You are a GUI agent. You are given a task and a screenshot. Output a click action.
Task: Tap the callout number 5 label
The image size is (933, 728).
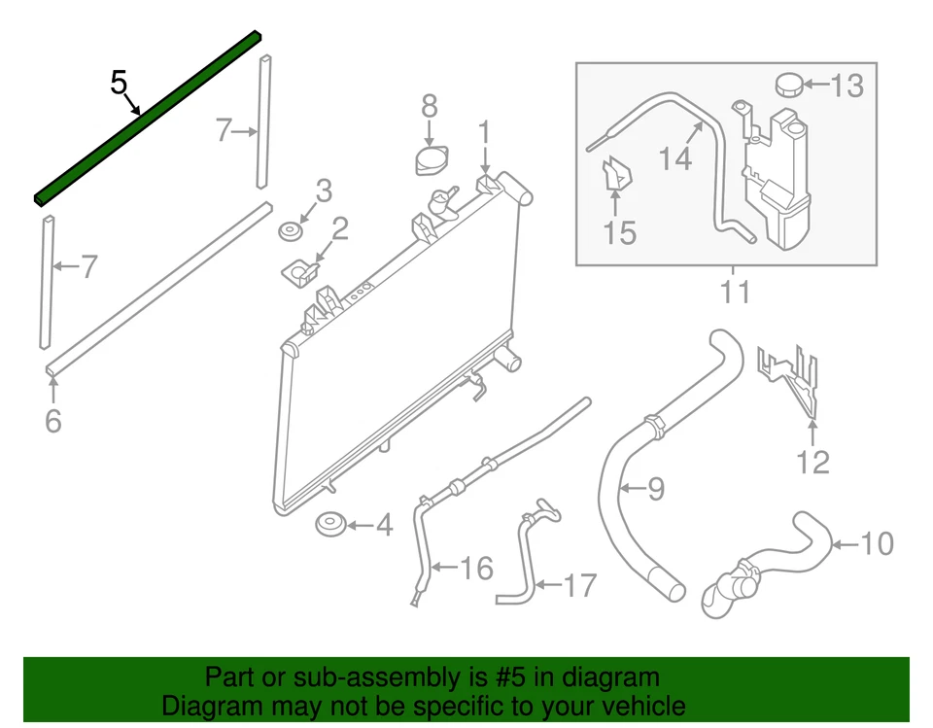pyautogui.click(x=119, y=83)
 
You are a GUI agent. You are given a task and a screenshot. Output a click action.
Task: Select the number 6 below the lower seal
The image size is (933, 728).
pyautogui.click(x=53, y=421)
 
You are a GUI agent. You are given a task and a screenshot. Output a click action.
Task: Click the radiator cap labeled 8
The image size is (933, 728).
pyautogui.click(x=428, y=160)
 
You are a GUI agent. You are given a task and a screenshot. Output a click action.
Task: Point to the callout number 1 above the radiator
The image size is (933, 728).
pyautogui.click(x=484, y=131)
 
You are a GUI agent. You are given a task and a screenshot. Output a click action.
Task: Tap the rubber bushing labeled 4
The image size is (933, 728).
pyautogui.click(x=330, y=526)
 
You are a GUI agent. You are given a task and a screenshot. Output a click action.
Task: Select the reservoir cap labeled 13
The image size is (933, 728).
pyautogui.click(x=789, y=86)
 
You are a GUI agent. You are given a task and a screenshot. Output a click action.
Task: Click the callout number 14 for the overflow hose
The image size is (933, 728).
pyautogui.click(x=675, y=157)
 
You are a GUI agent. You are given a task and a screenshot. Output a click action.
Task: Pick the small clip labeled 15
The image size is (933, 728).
pyautogui.click(x=615, y=176)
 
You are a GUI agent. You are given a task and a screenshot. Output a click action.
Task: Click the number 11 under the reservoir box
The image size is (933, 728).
pyautogui.click(x=735, y=291)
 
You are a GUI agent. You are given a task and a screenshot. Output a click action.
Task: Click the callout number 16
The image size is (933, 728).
pyautogui.click(x=475, y=568)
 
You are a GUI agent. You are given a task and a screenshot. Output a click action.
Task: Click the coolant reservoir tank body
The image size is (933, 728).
pyautogui.click(x=777, y=185)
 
